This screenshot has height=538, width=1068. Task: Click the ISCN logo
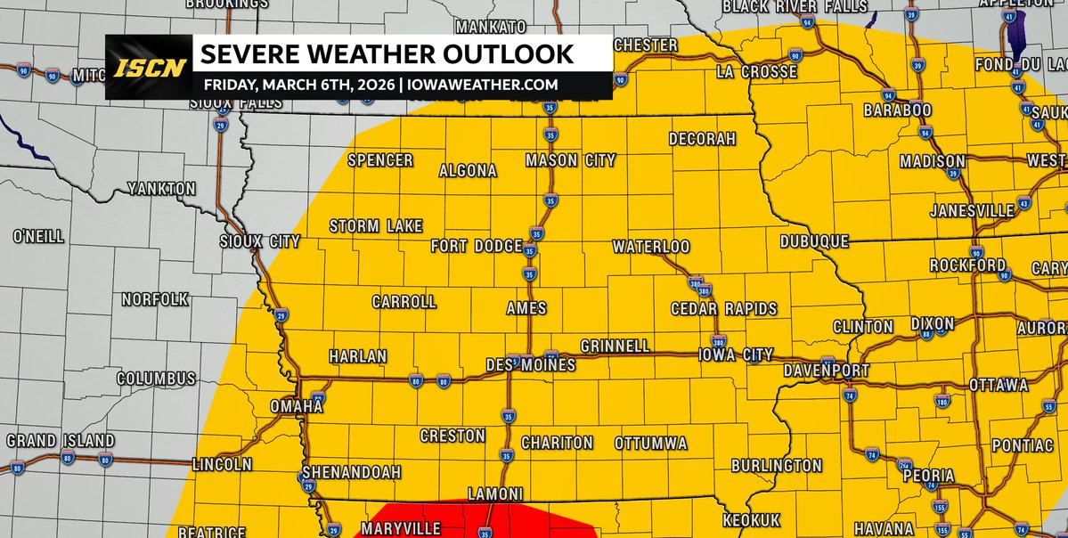149,68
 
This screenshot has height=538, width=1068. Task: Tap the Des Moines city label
530,365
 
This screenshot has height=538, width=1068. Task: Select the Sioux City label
260,241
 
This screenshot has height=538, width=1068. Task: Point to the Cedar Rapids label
723,309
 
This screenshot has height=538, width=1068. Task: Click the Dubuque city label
813,241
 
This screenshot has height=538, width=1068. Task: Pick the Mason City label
570,161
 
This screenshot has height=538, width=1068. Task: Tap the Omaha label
296,406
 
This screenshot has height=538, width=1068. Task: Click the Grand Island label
61,441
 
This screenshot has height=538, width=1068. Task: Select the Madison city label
932,162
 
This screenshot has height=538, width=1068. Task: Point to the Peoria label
928,476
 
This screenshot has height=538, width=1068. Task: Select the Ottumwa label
650,443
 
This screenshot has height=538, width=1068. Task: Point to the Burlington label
776,465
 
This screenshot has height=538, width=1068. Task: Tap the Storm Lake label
376,226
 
